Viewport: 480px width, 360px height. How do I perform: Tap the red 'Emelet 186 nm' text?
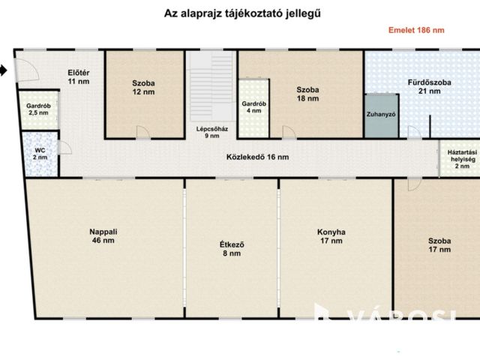(416, 31)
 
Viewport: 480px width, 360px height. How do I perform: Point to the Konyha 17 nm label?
(331, 237)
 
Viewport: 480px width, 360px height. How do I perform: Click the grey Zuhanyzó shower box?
(381, 115)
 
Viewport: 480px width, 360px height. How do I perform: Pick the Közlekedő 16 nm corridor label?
(257, 157)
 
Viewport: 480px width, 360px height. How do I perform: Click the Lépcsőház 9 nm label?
(208, 132)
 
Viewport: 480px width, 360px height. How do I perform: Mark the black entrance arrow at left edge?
(3, 70)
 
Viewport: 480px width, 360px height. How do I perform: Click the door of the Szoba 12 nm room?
(142, 133)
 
